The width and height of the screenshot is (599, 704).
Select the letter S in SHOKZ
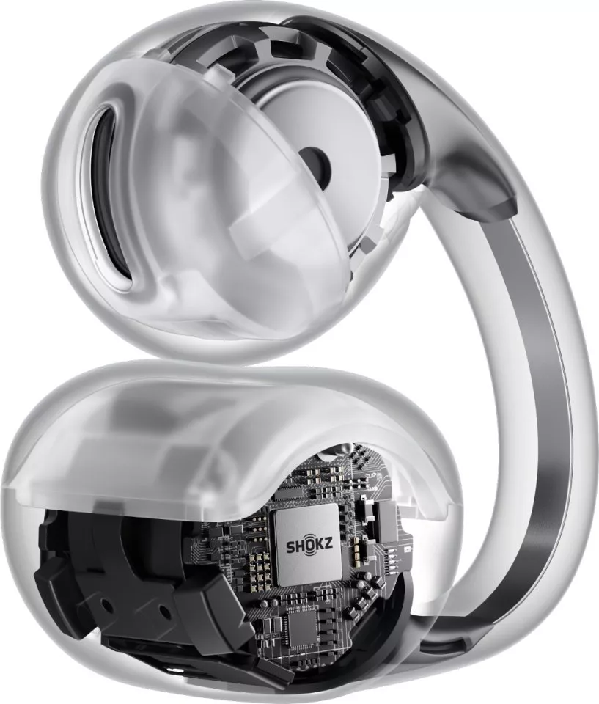coord(290,547)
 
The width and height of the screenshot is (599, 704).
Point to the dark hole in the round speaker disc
coord(315,162)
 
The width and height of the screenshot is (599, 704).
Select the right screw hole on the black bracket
coord(165,611)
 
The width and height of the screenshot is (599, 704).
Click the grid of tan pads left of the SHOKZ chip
coord(259,570)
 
